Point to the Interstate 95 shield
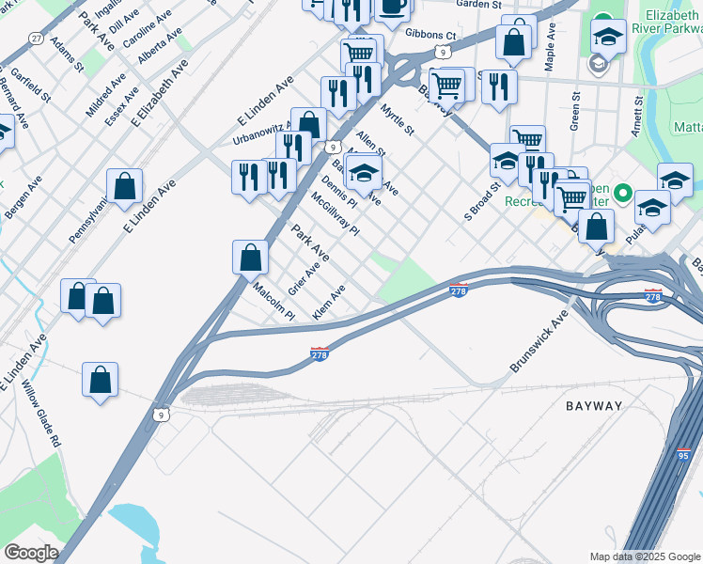(683, 455)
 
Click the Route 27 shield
(36, 38)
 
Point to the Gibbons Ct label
(430, 36)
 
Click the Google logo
(31, 553)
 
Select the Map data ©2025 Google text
(645, 556)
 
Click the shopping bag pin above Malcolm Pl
(250, 256)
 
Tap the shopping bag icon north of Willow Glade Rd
(100, 380)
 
